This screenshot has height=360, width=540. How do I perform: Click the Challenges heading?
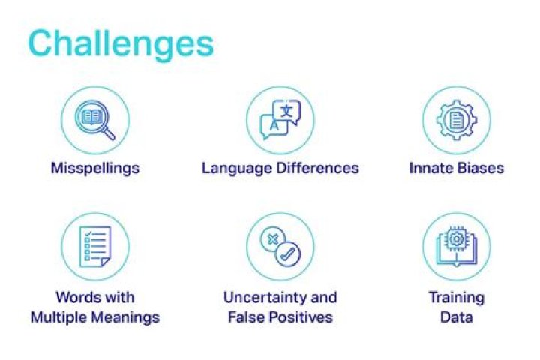pyautogui.click(x=121, y=43)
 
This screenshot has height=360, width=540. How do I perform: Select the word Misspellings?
pyautogui.click(x=95, y=169)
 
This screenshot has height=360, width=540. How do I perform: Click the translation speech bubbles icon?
pyautogui.click(x=280, y=119)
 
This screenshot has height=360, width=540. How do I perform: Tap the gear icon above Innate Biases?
pyautogui.click(x=457, y=120)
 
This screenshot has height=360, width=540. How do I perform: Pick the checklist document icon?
pyautogui.click(x=95, y=246)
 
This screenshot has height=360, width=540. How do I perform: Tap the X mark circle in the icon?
pyautogui.click(x=273, y=239)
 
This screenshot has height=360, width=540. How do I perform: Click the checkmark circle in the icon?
pyautogui.click(x=288, y=254)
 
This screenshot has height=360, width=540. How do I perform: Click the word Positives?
pyautogui.click(x=301, y=317)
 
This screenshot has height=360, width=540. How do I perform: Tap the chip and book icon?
pyautogui.click(x=457, y=246)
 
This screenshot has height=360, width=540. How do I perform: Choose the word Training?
pyautogui.click(x=457, y=298)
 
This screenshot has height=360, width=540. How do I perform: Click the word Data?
pyautogui.click(x=457, y=317)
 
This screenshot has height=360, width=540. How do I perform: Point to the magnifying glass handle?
pyautogui.click(x=109, y=133)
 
